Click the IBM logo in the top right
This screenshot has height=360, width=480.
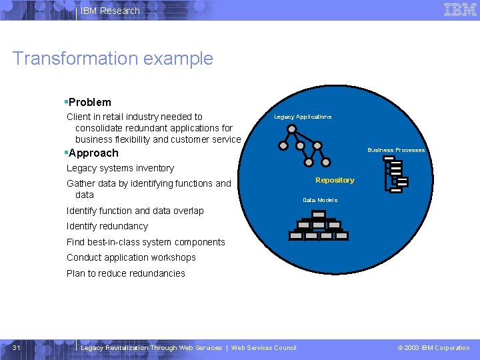pos(460,9)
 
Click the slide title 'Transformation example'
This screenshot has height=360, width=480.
pos(113,58)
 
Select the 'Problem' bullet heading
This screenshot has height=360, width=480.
pos(89,102)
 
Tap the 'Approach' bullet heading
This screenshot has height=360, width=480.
pos(93,153)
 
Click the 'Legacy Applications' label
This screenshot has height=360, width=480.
pos(303,117)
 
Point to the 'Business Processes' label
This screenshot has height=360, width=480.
pos(396,150)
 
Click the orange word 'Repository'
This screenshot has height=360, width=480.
pos(335,180)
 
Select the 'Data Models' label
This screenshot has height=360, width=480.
pos(320,200)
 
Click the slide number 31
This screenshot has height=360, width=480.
pos(17,347)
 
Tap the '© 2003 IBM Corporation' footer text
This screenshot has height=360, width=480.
pos(433,347)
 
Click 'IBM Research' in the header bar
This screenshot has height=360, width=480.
pos(110,11)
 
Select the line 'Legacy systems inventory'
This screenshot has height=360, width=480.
pos(120,168)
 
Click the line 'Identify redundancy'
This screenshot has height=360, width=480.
pos(107,226)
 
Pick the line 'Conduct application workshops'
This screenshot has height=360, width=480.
pos(131,257)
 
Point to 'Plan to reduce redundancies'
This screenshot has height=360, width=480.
pos(126,273)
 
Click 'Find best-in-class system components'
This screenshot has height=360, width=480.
pos(146,242)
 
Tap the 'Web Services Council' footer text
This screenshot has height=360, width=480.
pos(263,347)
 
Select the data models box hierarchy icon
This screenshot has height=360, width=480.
pos(319,225)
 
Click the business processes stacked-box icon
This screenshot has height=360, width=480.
pos(396,175)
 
